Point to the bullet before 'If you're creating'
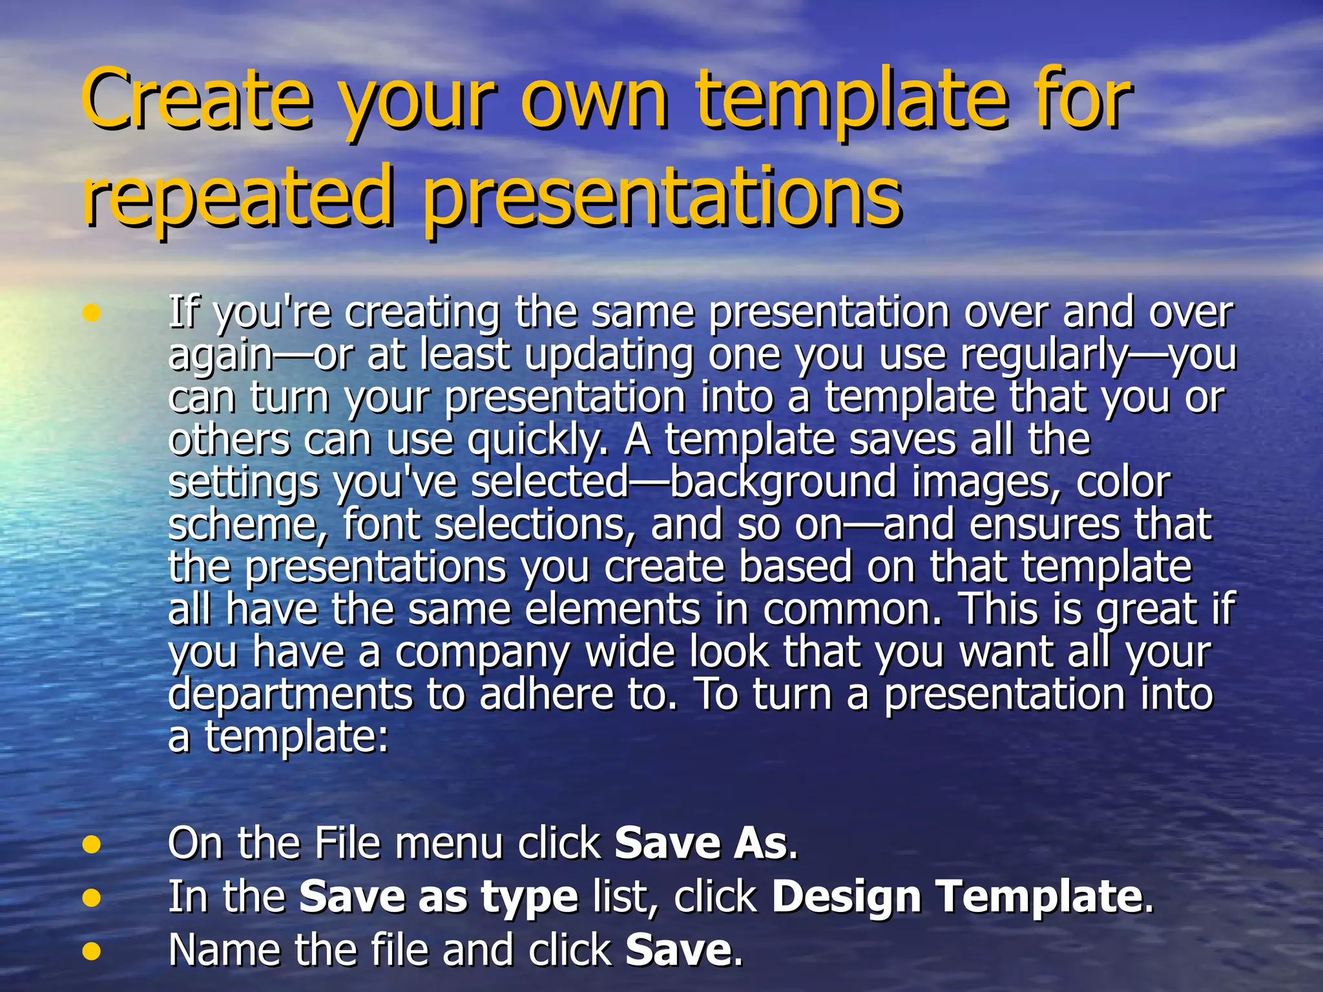(92, 313)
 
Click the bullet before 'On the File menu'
(92, 844)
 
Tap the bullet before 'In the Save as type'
(92, 897)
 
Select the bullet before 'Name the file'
(92, 950)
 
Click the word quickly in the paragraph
(536, 440)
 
